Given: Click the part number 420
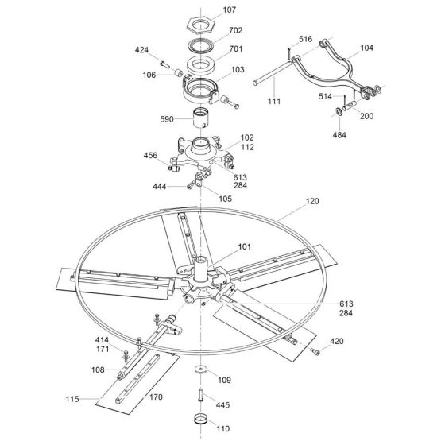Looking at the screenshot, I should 337,342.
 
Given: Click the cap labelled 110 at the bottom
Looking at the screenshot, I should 201,420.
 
